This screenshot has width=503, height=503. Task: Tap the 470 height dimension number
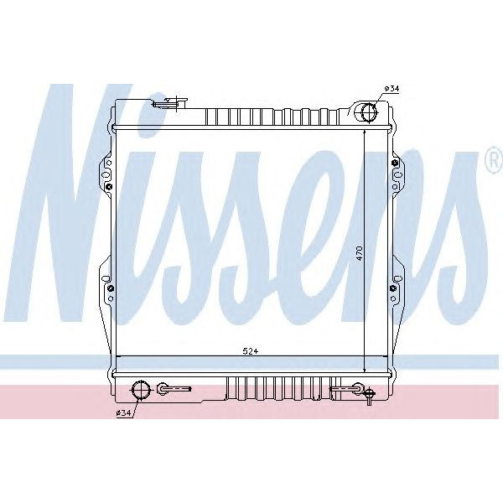click(358, 251)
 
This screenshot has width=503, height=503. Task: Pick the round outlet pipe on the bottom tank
click(141, 389)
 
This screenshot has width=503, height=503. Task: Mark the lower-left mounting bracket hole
click(110, 289)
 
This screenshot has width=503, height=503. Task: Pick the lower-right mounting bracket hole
click(392, 289)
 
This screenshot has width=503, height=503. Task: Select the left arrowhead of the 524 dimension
click(120, 358)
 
